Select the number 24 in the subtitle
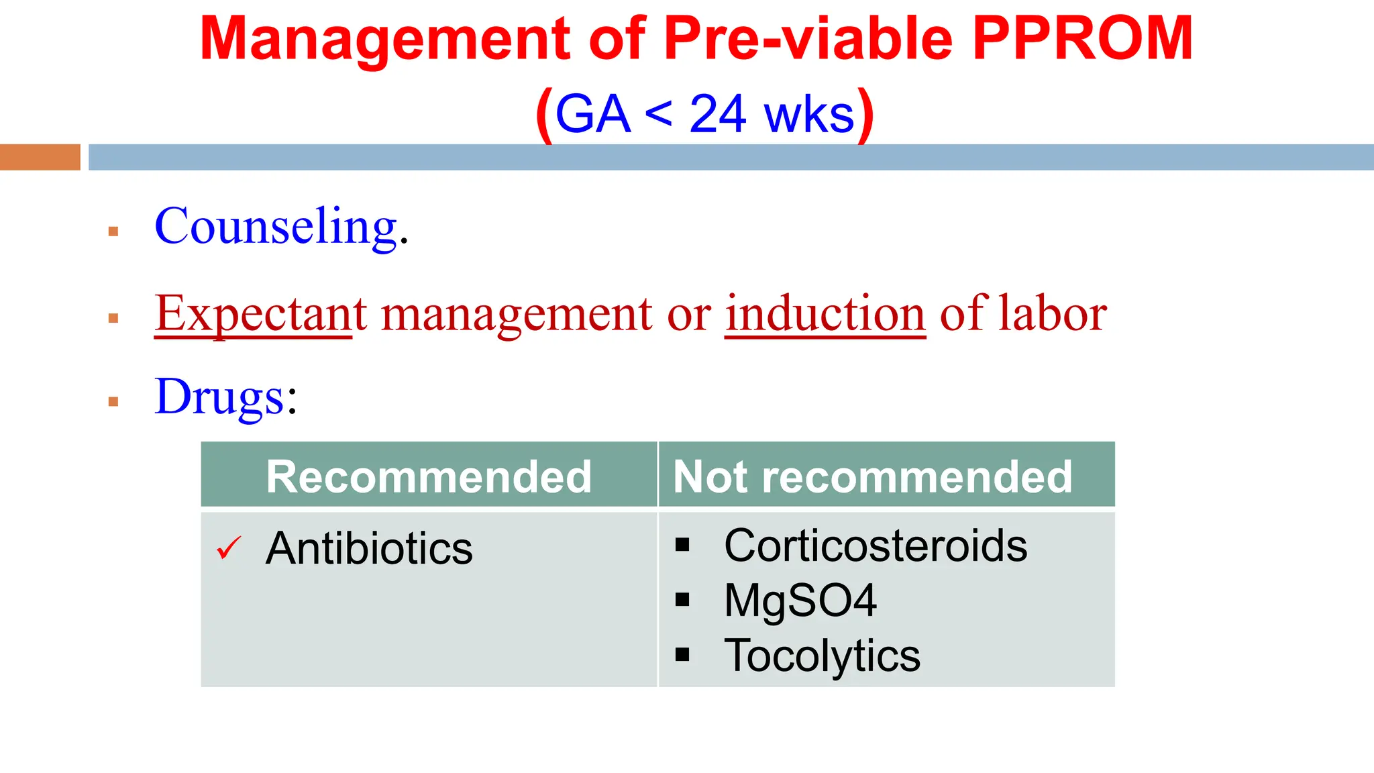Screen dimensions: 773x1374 coord(717,114)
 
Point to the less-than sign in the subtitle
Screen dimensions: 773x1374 coord(658,114)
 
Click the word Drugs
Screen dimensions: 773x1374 coord(220,397)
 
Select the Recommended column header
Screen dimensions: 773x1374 coord(429,476)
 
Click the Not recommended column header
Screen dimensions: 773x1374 coord(872,476)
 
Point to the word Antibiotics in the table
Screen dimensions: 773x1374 coord(369,549)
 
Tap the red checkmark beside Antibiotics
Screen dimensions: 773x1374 coord(229,548)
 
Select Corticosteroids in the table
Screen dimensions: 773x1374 coord(876,546)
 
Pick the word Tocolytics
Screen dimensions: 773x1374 coord(822,656)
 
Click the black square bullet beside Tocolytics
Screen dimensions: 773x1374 coord(682,655)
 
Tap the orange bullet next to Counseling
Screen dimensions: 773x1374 coord(113,231)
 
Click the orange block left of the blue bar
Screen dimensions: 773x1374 coord(40,157)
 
